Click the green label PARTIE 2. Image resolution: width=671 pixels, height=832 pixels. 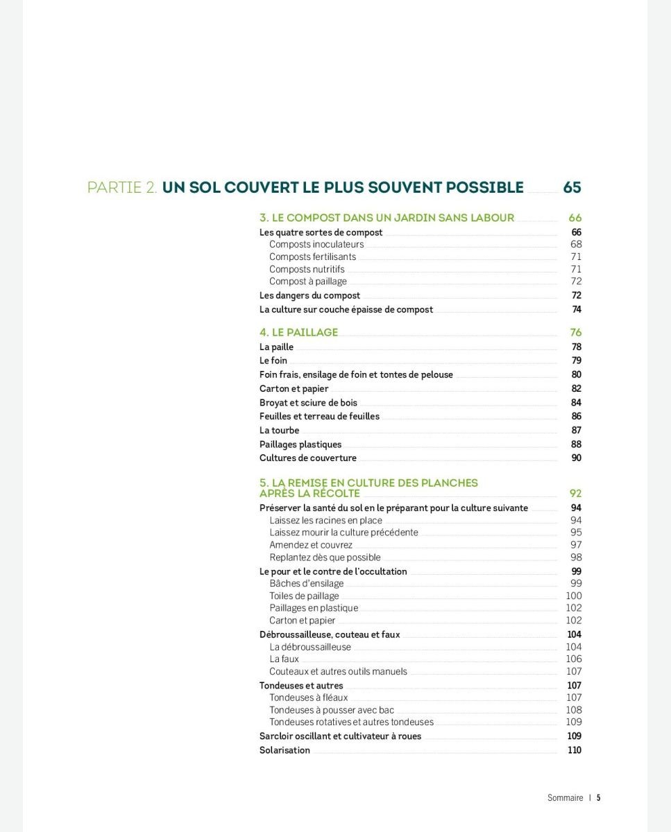point(122,188)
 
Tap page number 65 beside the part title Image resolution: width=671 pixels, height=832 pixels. point(572,188)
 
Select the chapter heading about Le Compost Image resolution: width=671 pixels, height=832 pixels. point(387,218)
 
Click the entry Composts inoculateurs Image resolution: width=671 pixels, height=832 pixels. point(316,245)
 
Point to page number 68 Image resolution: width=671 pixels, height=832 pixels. point(576,244)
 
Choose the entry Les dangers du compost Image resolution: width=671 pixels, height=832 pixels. point(309,295)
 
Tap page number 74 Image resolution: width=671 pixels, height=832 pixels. point(577,309)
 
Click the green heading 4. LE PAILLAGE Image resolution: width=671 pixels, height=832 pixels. point(298,332)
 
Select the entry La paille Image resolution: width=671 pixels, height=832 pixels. point(276,347)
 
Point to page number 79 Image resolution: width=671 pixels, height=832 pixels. point(577,361)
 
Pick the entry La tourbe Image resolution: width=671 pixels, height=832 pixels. point(279,431)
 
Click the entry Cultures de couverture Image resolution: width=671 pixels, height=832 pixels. point(307,458)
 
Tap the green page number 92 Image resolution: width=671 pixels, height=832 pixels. point(575,494)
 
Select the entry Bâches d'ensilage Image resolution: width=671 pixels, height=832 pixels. point(306,584)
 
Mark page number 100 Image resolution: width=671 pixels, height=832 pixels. point(574,596)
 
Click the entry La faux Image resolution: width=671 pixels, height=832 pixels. point(284,659)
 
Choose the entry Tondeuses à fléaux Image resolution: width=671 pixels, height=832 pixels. point(308,697)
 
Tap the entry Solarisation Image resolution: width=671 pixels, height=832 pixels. point(284,750)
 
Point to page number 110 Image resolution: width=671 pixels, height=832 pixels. point(574,750)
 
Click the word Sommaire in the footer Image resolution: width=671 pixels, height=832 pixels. point(565,798)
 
